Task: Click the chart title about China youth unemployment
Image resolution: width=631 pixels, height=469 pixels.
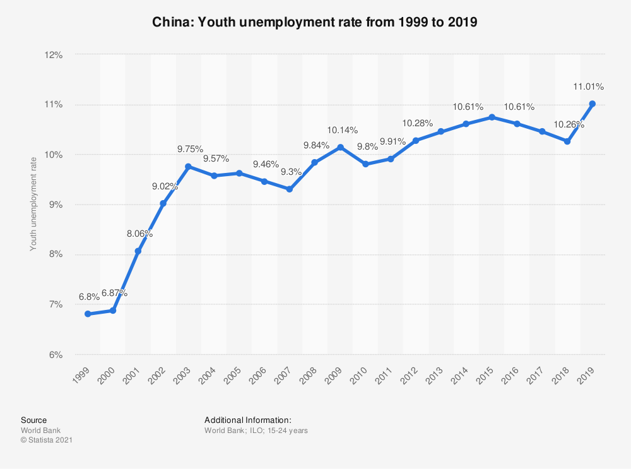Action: tap(315, 22)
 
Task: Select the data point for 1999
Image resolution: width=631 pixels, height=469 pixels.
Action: tap(88, 314)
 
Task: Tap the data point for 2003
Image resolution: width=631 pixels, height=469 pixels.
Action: tap(189, 167)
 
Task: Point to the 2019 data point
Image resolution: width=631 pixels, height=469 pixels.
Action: tap(593, 104)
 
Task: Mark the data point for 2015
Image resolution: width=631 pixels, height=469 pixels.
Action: tap(492, 117)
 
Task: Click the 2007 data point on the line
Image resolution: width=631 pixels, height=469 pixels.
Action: tap(290, 189)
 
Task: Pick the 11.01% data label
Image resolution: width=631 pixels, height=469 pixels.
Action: tap(588, 86)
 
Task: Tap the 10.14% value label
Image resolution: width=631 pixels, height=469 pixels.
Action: tap(342, 130)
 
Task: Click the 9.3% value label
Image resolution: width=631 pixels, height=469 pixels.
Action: tap(291, 172)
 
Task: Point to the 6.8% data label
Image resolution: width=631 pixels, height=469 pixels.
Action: tap(89, 297)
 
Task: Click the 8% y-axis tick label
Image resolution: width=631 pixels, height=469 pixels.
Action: tap(55, 254)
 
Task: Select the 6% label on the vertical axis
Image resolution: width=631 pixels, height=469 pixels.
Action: tap(55, 355)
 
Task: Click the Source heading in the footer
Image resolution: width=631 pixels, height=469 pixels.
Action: tap(33, 420)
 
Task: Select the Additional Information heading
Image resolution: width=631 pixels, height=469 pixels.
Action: tap(248, 420)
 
